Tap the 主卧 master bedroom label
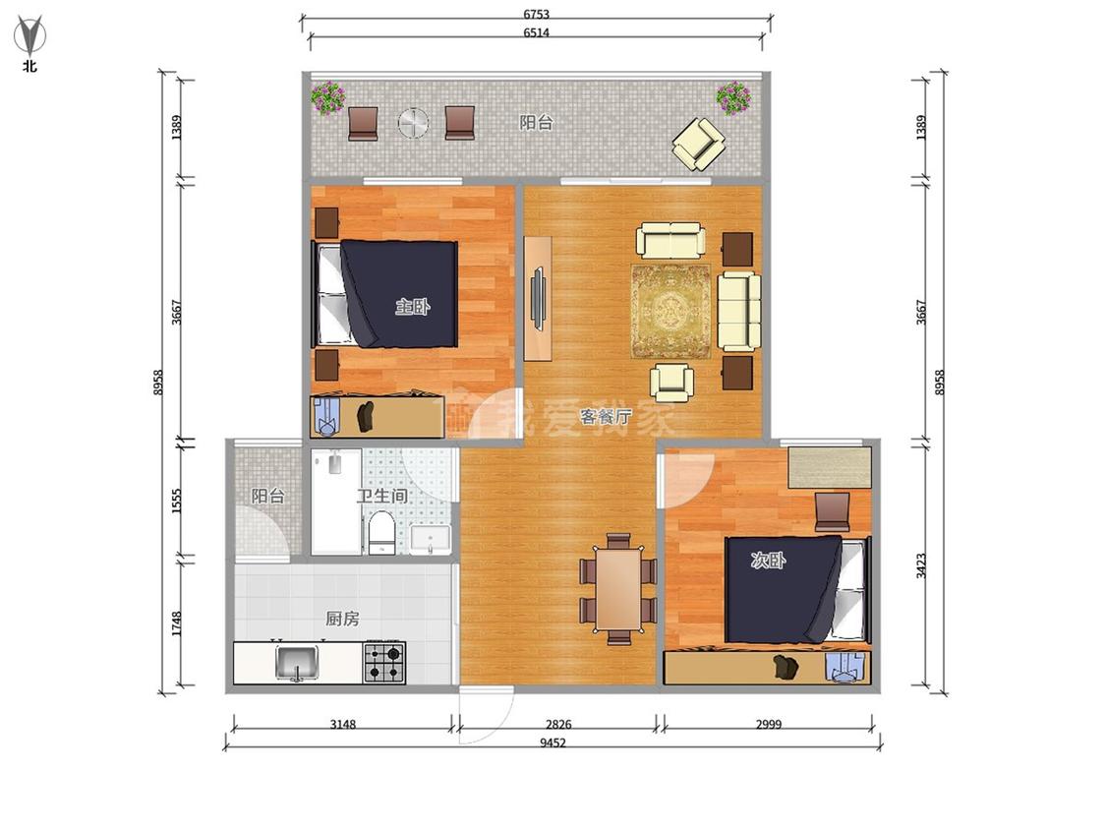click(412, 307)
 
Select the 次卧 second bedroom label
click(768, 562)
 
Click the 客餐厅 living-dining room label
click(606, 416)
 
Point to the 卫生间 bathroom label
click(382, 496)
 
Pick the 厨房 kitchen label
click(342, 619)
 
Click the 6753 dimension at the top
click(536, 14)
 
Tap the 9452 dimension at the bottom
click(553, 742)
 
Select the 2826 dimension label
click(558, 724)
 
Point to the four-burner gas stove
click(384, 662)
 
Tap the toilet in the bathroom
click(380, 534)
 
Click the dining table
click(618, 589)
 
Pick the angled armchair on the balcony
click(698, 144)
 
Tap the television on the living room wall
click(538, 298)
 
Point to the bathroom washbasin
click(431, 540)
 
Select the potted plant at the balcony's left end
click(328, 98)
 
